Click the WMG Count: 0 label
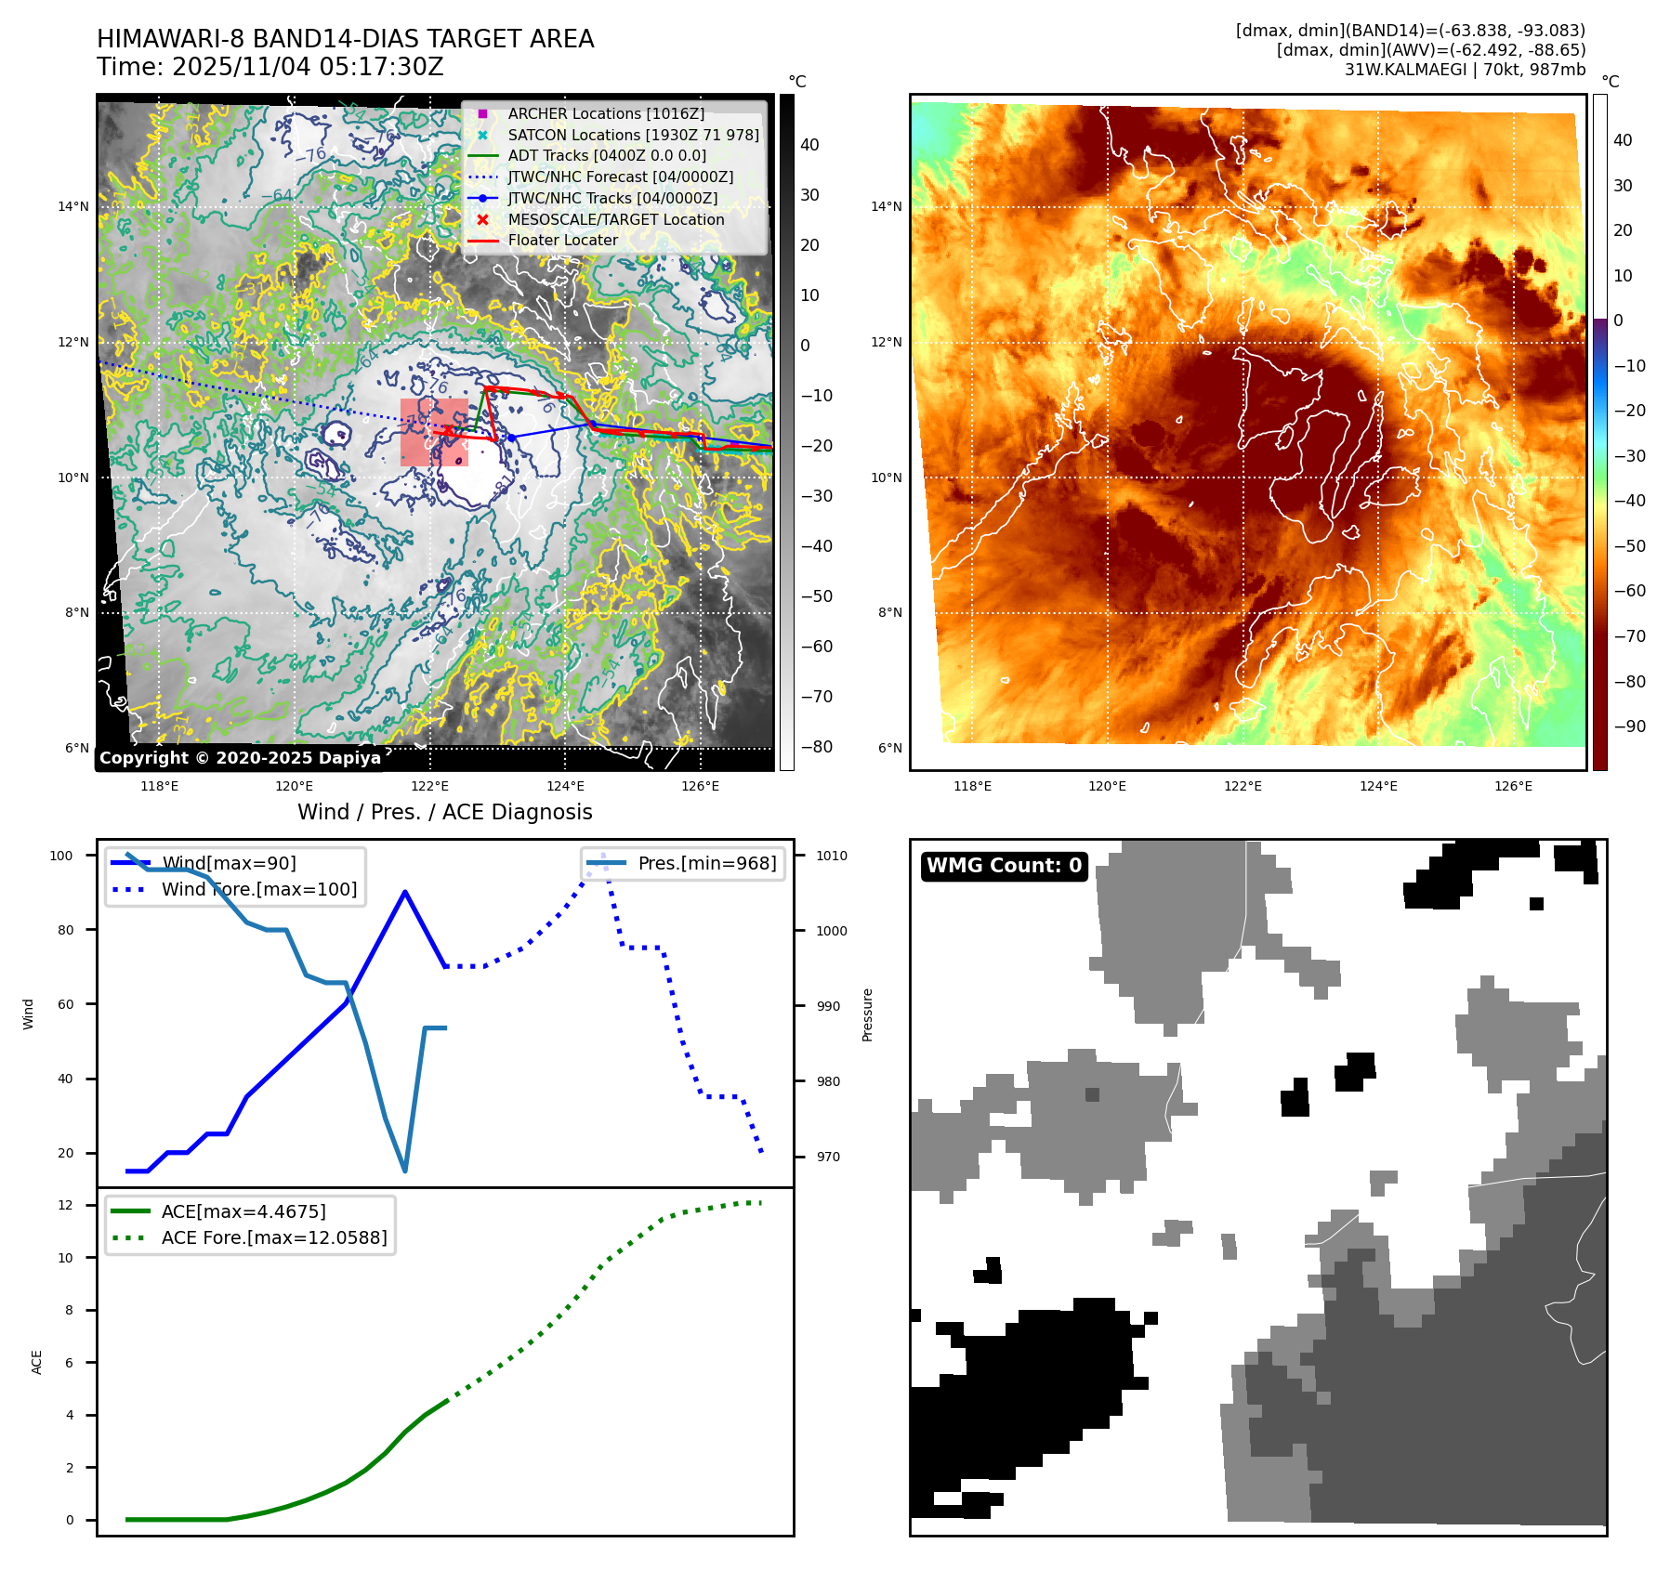point(1004,866)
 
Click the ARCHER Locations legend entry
point(606,113)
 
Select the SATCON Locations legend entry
point(633,135)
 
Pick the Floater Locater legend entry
point(562,240)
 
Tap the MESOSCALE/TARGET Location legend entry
point(615,219)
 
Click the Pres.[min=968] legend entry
point(706,863)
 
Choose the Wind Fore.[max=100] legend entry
point(258,889)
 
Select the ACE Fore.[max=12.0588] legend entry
point(273,1237)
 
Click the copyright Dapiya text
point(240,758)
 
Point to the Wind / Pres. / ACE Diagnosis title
point(444,812)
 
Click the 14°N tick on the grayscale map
point(73,206)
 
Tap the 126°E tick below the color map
point(1513,786)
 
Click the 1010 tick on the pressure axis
point(832,856)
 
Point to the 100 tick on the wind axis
point(61,856)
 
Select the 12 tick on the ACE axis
point(65,1205)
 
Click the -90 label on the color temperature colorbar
point(1629,726)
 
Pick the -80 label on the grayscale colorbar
point(817,747)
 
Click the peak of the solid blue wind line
point(405,892)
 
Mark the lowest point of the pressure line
point(405,1171)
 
